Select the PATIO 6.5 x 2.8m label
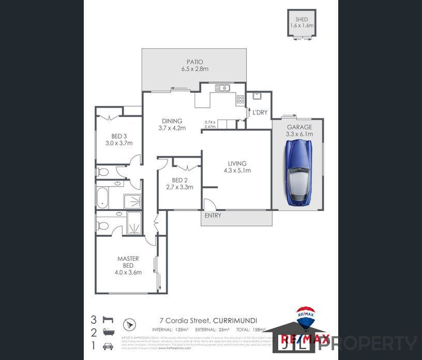[x=194, y=65]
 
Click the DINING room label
[x=172, y=125]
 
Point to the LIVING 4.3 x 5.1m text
[x=237, y=167]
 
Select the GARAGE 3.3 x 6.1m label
[x=299, y=130]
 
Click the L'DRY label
[x=260, y=112]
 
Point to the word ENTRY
[x=213, y=215]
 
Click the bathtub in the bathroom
[x=102, y=198]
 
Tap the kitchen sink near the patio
[x=222, y=87]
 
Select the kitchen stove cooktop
[x=240, y=99]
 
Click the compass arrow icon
[x=129, y=325]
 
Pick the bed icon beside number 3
[x=108, y=319]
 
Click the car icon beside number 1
[x=108, y=346]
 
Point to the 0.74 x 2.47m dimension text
[x=210, y=124]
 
